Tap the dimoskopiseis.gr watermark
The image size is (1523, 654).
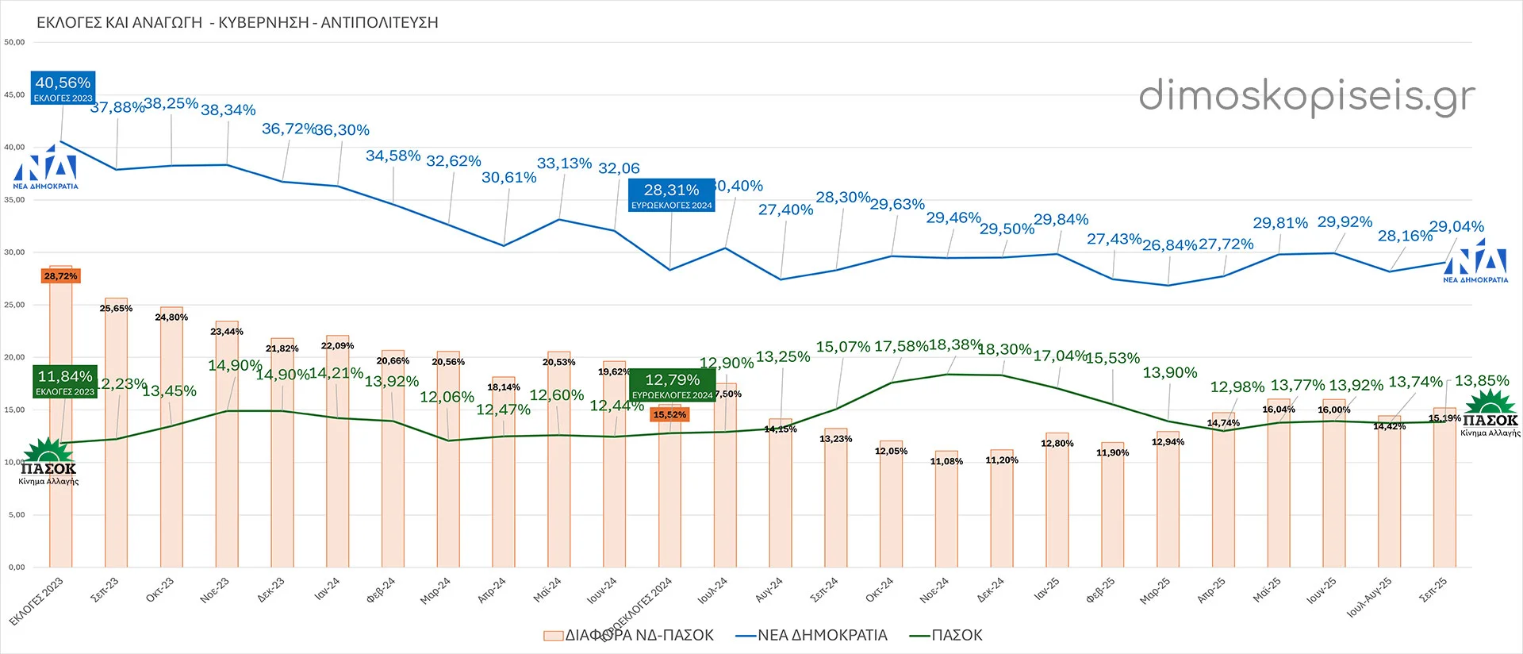[1306, 97]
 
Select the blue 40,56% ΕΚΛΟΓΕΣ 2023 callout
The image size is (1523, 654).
[63, 87]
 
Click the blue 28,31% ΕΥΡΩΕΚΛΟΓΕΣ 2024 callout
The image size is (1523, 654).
[671, 195]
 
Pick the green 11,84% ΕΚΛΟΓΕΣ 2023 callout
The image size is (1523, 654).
[65, 382]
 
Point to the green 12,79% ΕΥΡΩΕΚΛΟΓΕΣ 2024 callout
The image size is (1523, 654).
[672, 385]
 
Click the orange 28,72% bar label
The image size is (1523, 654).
[61, 276]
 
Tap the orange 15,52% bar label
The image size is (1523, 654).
[669, 414]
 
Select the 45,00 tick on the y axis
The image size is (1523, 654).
[15, 94]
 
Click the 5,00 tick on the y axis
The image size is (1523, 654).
[17, 514]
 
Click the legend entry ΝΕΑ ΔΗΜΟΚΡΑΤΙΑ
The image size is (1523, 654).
[812, 635]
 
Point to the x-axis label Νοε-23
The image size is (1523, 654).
[215, 590]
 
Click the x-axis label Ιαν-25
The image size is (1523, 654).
[1046, 589]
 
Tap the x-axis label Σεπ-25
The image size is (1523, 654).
[1433, 590]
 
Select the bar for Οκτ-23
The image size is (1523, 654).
[171, 437]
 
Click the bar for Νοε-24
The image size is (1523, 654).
[946, 509]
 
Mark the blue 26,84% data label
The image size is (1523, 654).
[1169, 245]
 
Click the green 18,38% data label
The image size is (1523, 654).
[955, 345]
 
